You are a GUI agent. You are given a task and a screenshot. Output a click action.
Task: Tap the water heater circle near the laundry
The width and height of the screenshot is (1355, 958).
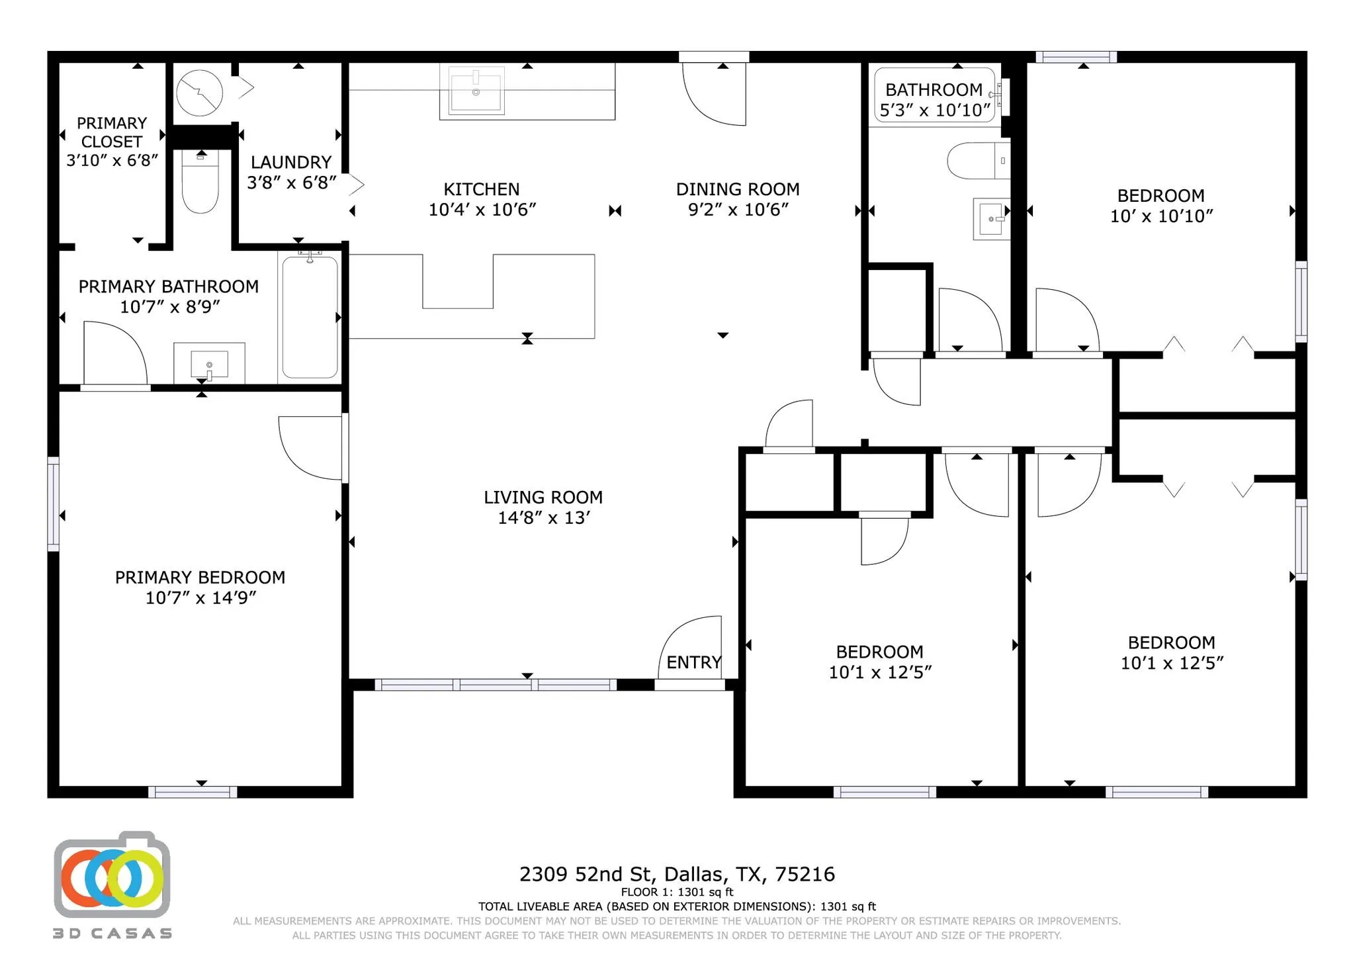point(199,93)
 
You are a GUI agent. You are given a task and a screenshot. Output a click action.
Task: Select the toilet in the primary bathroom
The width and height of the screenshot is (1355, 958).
point(200,182)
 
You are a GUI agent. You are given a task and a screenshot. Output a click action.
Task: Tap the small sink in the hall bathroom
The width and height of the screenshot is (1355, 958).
point(990,218)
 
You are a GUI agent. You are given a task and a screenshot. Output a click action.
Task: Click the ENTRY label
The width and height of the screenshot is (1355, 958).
point(693,662)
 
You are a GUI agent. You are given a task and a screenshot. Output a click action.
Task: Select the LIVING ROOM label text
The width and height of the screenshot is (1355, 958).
point(543,498)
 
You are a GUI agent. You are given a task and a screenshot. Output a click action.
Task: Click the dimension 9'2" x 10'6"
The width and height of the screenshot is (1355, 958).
point(738,210)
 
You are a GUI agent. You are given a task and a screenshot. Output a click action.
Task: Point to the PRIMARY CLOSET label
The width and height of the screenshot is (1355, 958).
point(111,132)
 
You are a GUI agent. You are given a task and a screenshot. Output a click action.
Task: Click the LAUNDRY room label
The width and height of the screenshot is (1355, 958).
point(290,162)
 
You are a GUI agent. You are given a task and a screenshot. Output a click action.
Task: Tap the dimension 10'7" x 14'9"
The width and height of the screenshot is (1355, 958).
point(200,598)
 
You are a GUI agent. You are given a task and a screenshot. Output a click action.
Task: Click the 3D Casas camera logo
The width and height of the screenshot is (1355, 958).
point(112,877)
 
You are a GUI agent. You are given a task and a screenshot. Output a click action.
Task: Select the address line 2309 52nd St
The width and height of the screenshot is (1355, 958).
point(677,875)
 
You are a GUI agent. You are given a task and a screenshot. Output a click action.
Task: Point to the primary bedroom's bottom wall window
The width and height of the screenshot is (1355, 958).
point(193,792)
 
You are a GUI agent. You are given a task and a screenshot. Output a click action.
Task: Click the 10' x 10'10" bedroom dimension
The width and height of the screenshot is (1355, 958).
point(1161,216)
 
